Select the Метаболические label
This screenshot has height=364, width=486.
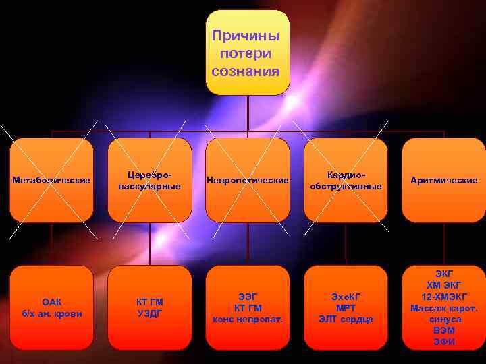tap(51, 180)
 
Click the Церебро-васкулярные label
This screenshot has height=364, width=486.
tap(149, 180)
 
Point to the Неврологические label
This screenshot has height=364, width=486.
tap(247, 180)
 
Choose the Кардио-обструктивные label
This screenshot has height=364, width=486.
tap(345, 180)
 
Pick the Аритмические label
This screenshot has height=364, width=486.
tap(443, 180)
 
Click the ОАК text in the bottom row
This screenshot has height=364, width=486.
tap(52, 301)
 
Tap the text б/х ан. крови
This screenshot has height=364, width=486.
tap(52, 313)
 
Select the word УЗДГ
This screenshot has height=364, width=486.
tap(149, 313)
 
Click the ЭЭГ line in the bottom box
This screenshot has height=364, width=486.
tap(248, 296)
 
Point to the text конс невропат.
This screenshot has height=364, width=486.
tap(248, 319)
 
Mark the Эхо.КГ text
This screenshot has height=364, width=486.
tap(346, 296)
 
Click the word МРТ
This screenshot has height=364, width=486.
tap(346, 307)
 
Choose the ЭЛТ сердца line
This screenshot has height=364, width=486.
tap(346, 319)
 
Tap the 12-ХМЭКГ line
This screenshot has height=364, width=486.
tap(444, 297)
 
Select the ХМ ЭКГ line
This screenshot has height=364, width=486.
tap(444, 285)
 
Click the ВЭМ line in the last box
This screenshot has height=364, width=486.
tap(444, 330)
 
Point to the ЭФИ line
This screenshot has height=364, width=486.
tap(444, 342)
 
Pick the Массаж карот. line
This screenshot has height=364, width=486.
tap(444, 308)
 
